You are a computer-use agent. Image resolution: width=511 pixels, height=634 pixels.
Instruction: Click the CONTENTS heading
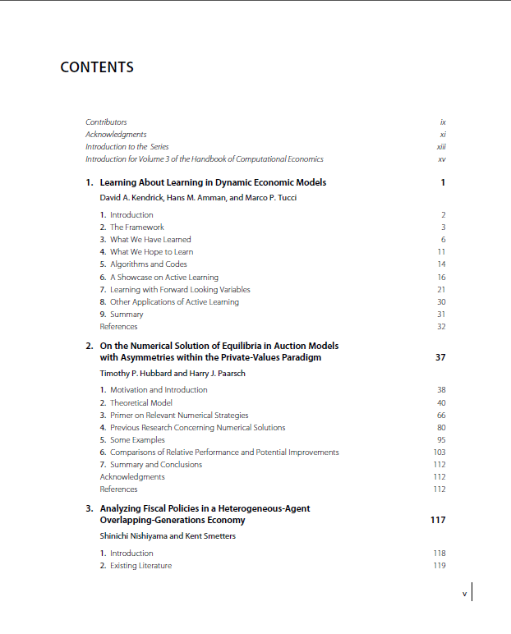(97, 67)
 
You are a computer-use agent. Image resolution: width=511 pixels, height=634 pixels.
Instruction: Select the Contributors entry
(106, 122)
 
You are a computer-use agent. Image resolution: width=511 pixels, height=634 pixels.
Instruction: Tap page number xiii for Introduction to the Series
(441, 147)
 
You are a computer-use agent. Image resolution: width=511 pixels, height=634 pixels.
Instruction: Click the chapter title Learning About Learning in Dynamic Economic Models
(213, 182)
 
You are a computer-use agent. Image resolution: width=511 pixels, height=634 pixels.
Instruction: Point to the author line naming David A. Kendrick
(198, 199)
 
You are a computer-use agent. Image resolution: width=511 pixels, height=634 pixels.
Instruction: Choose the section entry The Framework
(136, 227)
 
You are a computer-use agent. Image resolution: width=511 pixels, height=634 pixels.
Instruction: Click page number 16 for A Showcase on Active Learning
(441, 278)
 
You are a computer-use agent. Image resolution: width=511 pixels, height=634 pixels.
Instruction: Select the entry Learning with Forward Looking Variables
(180, 290)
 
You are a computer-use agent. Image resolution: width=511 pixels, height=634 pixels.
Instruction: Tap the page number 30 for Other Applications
(441, 302)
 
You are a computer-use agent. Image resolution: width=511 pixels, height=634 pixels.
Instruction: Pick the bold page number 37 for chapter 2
(440, 358)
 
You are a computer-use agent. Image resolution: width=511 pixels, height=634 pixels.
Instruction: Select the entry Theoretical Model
(140, 403)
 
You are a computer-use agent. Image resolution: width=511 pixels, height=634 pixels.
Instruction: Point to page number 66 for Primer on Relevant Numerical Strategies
(441, 416)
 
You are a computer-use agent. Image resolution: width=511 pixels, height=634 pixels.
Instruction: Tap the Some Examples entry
(137, 440)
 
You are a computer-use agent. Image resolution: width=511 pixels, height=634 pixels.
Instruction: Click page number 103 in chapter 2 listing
(440, 453)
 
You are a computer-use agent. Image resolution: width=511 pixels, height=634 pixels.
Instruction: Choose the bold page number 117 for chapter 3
(438, 521)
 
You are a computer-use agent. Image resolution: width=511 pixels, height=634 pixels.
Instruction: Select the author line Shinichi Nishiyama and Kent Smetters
(167, 536)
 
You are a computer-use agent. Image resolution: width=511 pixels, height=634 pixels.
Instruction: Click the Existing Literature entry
(140, 566)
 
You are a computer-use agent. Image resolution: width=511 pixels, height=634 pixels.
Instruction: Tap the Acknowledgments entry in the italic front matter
(116, 135)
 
